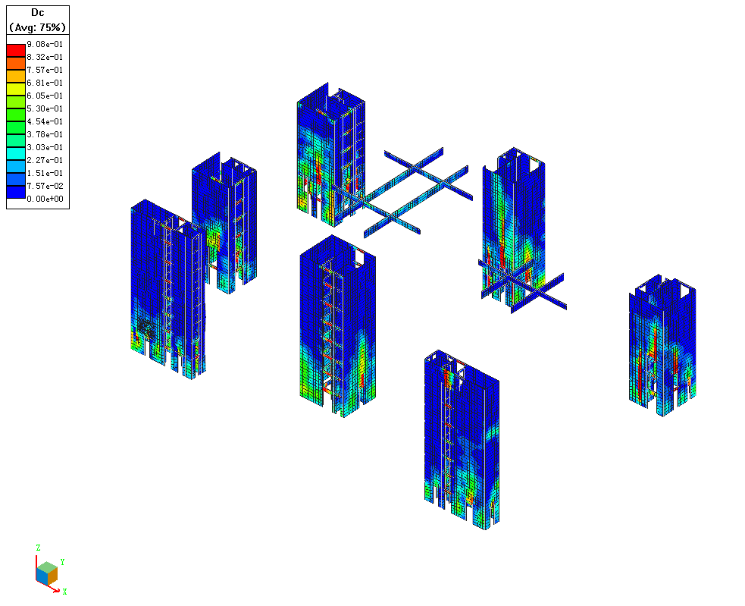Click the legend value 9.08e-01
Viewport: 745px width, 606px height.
[45, 44]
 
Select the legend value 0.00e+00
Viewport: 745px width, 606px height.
[45, 199]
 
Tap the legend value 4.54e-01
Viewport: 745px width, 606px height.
[45, 122]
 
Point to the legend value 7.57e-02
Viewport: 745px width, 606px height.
[45, 186]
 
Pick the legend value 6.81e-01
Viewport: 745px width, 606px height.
[45, 83]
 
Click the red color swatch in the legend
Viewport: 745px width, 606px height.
[16, 50]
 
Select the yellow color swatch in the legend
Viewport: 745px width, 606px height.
[16, 89]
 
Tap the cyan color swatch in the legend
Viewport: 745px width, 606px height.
[16, 154]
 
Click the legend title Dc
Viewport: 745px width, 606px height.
[38, 13]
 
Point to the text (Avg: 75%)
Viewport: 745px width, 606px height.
[38, 27]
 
